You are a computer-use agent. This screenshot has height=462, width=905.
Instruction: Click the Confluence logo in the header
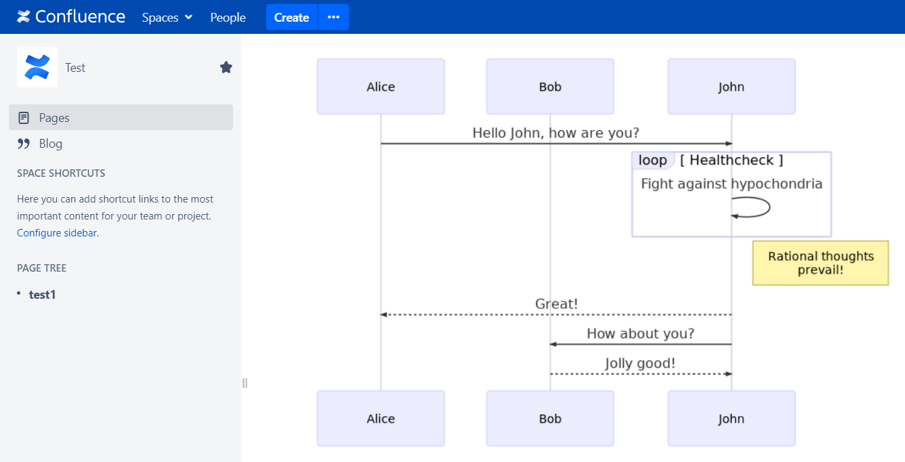[x=70, y=16]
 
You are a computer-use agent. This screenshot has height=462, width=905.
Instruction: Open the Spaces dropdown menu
[x=167, y=18]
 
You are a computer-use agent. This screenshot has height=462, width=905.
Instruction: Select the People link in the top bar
[x=228, y=18]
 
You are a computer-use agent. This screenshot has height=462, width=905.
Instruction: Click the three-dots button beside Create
[x=333, y=17]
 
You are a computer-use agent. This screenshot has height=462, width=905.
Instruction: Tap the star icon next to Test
[x=226, y=67]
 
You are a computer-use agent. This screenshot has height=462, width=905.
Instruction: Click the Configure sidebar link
[x=57, y=233]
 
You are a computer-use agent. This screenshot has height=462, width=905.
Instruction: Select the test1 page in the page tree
[x=42, y=295]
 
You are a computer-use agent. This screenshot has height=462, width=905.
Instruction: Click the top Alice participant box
[x=381, y=87]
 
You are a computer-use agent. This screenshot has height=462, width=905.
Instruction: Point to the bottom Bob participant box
[x=550, y=419]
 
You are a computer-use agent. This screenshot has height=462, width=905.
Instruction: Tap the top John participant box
[x=732, y=87]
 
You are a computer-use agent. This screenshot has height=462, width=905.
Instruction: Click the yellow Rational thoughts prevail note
[x=820, y=263]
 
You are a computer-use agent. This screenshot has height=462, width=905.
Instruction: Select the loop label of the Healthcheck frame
[x=652, y=160]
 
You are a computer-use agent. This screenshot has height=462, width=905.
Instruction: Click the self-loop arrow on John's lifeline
[x=770, y=207]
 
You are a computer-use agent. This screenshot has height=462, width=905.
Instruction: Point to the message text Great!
[x=556, y=304]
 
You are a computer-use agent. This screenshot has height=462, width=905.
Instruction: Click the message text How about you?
[x=640, y=333]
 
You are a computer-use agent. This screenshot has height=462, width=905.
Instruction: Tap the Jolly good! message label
[x=640, y=363]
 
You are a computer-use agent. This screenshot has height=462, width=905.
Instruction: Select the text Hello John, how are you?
[x=555, y=133]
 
